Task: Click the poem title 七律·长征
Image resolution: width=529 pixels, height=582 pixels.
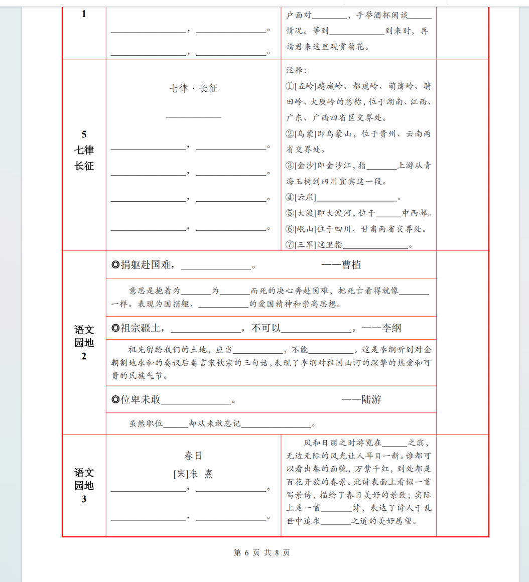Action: [x=193, y=89]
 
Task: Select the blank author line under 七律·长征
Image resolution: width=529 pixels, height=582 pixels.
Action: [x=193, y=115]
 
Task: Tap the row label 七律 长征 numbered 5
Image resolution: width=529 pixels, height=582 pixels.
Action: [x=84, y=150]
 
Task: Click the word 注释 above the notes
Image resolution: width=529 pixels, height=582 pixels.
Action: [x=296, y=70]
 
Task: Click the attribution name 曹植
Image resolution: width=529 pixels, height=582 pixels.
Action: [x=351, y=265]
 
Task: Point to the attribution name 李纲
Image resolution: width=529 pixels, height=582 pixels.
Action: [x=391, y=329]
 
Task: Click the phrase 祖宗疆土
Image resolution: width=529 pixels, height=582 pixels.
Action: [x=141, y=329]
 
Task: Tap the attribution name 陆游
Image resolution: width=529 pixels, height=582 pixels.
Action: [x=371, y=399]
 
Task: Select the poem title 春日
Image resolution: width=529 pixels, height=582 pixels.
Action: [x=193, y=456]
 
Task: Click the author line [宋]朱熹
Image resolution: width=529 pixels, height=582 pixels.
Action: [x=193, y=474]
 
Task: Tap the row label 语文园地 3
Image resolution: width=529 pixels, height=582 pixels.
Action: [x=84, y=485]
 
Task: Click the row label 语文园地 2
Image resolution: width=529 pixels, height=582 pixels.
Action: [x=84, y=343]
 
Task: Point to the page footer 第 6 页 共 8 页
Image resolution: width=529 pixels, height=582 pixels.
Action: [x=262, y=552]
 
